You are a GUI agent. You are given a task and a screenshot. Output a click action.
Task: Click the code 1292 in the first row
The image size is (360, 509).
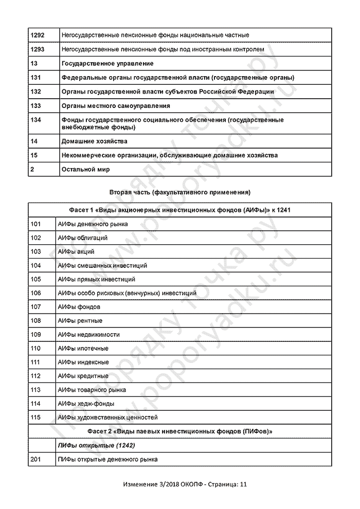click(38, 35)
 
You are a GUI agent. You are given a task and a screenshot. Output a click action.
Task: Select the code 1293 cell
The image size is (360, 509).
click(38, 49)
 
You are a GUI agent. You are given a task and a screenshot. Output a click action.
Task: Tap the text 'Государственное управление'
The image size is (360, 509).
click(107, 63)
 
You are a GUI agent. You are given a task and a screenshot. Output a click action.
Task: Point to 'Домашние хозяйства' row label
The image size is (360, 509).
click(94, 141)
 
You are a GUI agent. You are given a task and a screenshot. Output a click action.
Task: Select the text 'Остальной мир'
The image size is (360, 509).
click(85, 169)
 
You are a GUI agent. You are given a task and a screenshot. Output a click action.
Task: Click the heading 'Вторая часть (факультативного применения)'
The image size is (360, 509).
click(179, 192)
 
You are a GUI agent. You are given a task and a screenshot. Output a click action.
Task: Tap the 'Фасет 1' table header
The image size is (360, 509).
click(179, 210)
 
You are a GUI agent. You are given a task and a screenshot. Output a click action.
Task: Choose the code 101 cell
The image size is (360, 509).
click(35, 224)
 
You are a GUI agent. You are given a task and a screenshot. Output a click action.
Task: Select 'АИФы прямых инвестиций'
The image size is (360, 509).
click(97, 279)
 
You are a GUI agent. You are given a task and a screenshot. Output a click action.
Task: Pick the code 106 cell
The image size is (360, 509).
click(35, 293)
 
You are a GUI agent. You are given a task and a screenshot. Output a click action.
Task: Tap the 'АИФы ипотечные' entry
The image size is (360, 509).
click(83, 348)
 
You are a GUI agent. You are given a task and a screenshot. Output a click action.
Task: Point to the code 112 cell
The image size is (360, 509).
click(35, 376)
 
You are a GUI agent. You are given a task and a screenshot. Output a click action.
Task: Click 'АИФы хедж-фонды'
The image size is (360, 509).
click(86, 404)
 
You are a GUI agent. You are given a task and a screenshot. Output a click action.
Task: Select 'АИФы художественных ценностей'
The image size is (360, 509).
click(108, 417)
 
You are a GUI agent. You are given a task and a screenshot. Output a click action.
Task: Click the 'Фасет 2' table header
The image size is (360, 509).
click(179, 431)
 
